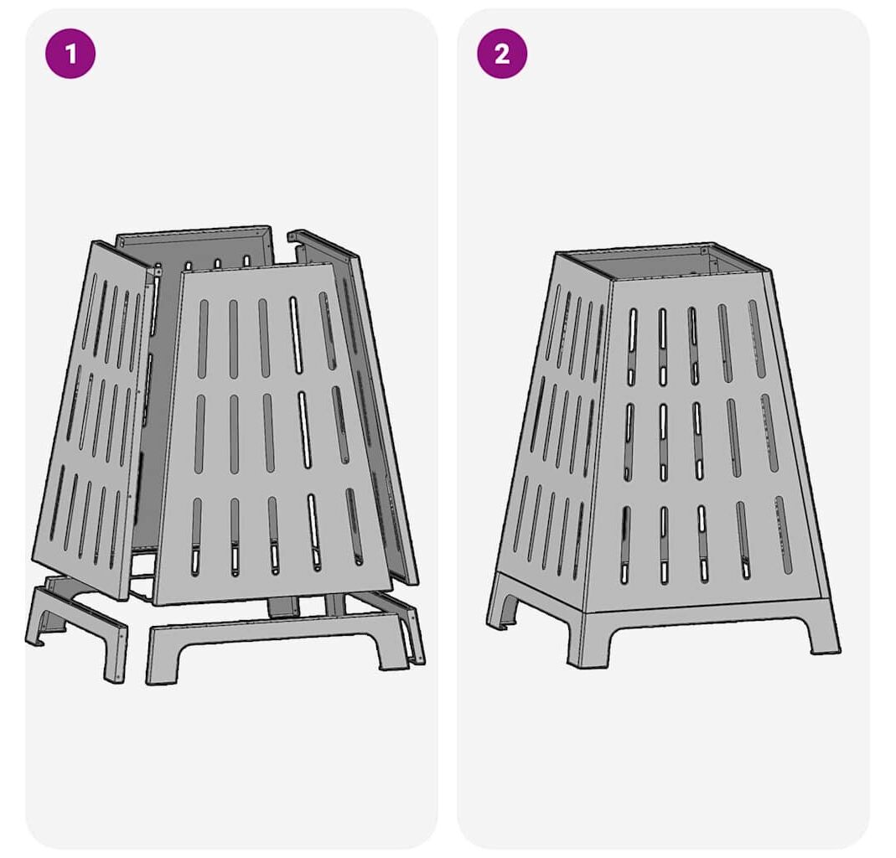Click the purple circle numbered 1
click(x=70, y=54)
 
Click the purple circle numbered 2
click(x=502, y=54)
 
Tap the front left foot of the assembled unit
click(x=586, y=640)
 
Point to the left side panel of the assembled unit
click(x=552, y=423)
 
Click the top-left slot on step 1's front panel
click(x=203, y=339)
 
